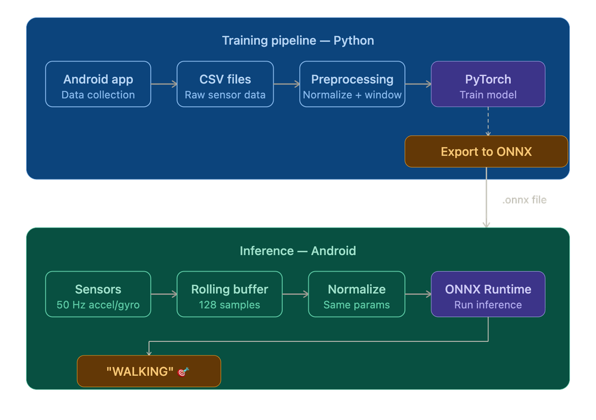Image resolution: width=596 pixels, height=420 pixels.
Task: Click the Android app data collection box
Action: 98,85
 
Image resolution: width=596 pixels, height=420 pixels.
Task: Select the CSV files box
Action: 225,85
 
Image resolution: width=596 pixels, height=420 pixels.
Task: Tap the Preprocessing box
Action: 352,85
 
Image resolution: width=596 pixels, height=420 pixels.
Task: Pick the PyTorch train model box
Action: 488,85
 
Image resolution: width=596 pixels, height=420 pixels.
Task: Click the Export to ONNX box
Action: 486,151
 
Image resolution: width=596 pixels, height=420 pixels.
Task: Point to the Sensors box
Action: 98,294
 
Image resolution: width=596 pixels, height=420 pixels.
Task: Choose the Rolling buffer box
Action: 229,294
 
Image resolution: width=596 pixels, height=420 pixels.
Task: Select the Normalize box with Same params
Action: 356,294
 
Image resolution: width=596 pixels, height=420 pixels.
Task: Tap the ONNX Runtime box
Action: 488,294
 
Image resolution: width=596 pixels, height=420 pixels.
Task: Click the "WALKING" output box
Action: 149,371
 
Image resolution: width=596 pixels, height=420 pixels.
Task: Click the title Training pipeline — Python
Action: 298,41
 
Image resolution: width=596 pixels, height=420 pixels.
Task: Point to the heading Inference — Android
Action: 298,251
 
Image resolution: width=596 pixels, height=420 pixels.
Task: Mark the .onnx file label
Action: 524,200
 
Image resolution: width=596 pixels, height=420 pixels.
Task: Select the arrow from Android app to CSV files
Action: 164,85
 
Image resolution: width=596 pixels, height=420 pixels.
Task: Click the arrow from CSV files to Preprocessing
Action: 287,85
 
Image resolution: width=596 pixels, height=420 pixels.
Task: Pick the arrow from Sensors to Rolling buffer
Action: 164,294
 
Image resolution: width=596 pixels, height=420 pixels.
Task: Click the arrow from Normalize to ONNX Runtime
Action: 418,294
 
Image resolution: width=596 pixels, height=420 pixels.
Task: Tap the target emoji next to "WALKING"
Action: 183,372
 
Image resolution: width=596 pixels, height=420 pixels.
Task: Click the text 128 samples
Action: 229,305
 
